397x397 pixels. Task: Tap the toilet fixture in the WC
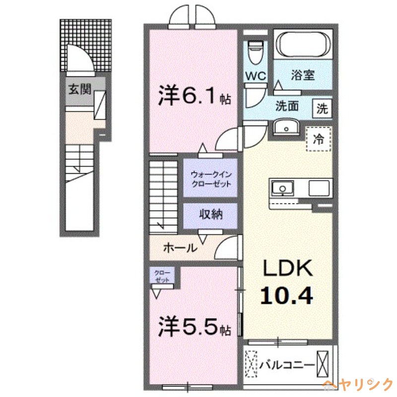pyautogui.click(x=256, y=53)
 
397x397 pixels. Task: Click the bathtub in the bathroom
pyautogui.click(x=303, y=45)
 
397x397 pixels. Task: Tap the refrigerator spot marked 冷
pyautogui.click(x=320, y=139)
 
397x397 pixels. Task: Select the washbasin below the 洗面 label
pyautogui.click(x=286, y=128)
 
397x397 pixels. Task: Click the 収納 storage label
pyautogui.click(x=210, y=215)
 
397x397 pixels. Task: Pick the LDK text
pyautogui.click(x=287, y=269)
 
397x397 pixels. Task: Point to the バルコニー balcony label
pyautogui.click(x=288, y=365)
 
